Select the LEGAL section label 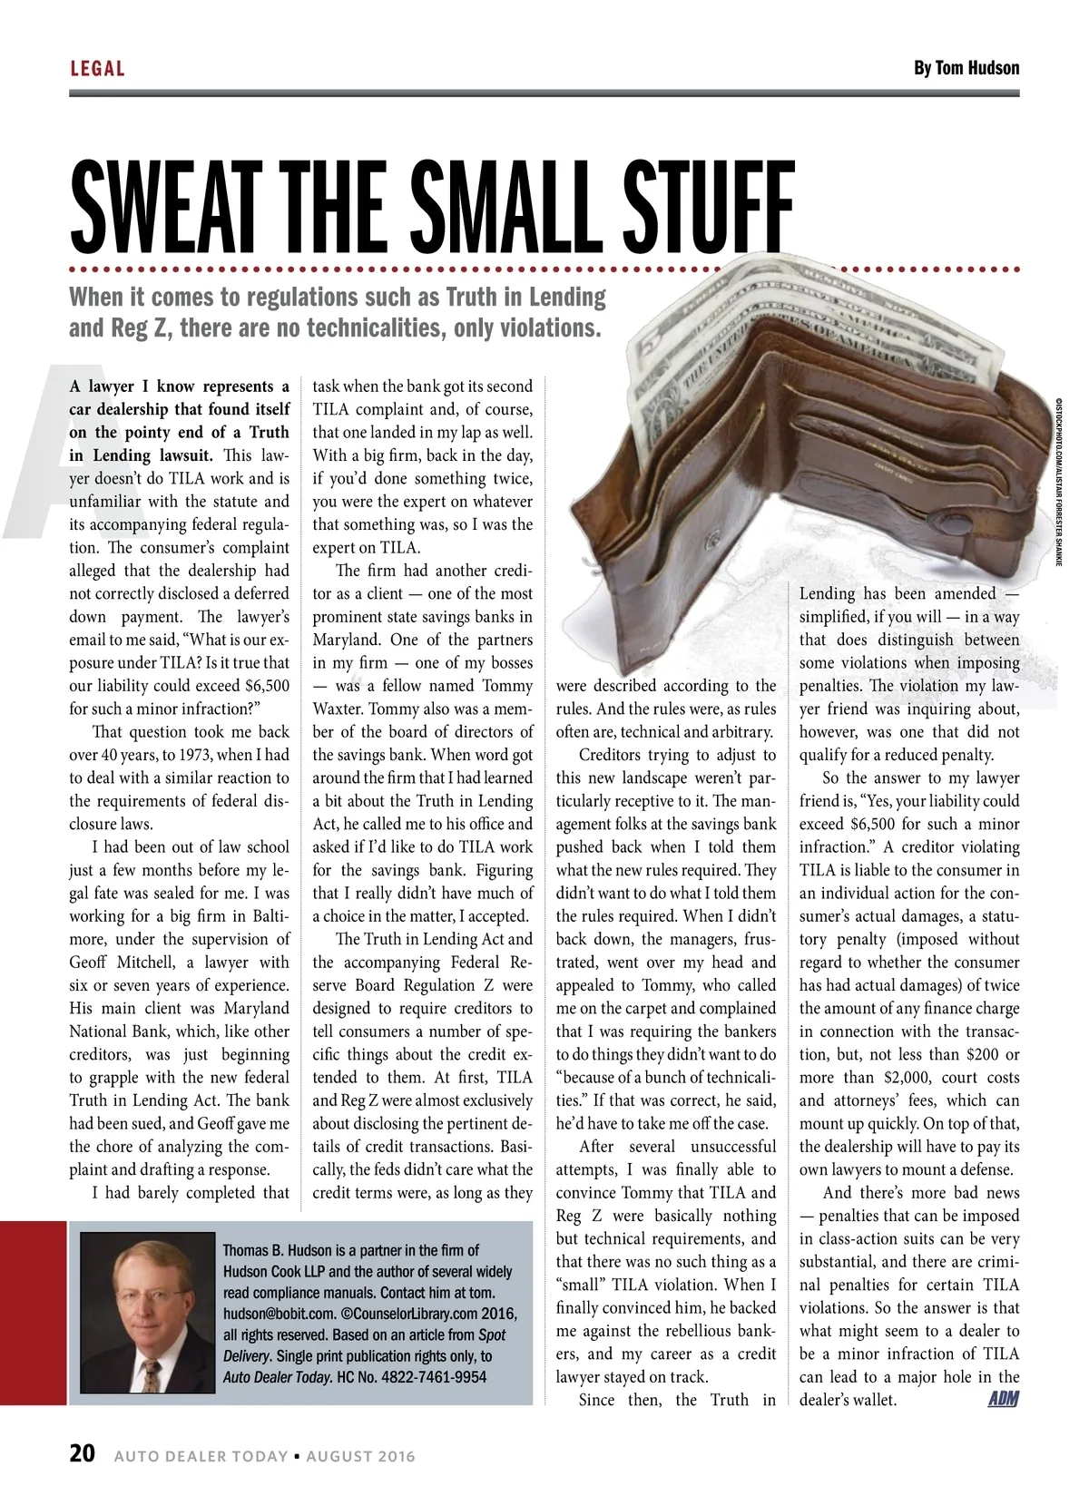click(97, 68)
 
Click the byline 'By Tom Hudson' click(966, 68)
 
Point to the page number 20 click(82, 1453)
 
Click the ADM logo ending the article click(1003, 1399)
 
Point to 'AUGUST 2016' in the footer click(360, 1456)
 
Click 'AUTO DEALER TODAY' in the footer click(201, 1456)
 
